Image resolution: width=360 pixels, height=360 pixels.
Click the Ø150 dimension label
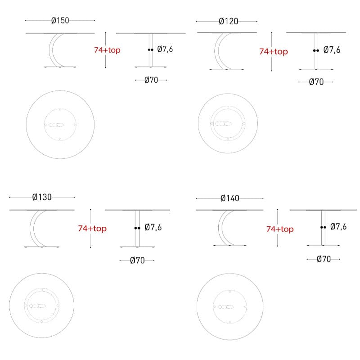[60, 20]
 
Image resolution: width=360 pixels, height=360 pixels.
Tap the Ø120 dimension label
[229, 21]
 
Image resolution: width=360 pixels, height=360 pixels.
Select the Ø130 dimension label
[42, 197]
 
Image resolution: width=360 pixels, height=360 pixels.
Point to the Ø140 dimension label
[230, 198]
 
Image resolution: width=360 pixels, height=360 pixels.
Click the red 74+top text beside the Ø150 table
[107, 50]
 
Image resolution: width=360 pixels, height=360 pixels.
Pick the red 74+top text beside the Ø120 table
[274, 51]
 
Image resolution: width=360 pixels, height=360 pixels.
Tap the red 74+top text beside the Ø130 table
[92, 229]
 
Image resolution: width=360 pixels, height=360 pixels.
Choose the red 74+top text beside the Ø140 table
[280, 229]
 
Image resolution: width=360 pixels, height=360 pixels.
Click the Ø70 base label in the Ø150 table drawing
[151, 80]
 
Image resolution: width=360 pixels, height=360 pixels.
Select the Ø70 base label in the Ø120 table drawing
[316, 82]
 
